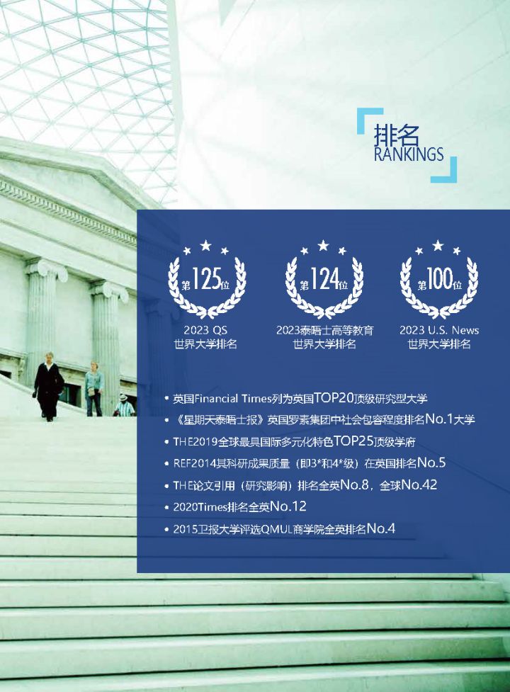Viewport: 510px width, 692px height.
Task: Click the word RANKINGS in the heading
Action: (409, 154)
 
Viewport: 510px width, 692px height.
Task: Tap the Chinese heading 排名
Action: (396, 135)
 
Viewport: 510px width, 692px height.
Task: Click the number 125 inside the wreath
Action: (206, 279)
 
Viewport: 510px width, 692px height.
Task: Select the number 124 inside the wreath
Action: (324, 279)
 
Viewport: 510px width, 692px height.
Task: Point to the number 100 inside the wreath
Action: (439, 279)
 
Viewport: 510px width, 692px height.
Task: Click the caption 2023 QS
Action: (205, 330)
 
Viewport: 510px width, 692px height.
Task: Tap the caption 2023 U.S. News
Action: (439, 330)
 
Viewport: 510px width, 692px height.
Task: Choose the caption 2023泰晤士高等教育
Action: (324, 330)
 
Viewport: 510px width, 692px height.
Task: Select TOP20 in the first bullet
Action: (334, 398)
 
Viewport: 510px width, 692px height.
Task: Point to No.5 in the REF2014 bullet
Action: (431, 463)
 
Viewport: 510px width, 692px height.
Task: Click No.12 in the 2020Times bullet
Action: (288, 506)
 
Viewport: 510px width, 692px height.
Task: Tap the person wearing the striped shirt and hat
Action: (125, 405)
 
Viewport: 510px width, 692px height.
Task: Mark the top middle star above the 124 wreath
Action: (324, 245)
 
